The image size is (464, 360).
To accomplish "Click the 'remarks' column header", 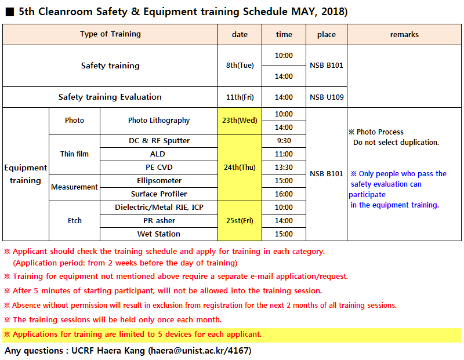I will point(404,34).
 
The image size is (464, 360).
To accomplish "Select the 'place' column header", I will point(327,34).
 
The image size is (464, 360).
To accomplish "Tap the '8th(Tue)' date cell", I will point(240,66).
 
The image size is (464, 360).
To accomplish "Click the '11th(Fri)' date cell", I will point(240,97).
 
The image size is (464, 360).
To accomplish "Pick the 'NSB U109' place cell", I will point(327,97).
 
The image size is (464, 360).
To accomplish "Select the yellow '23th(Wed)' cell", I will point(240,121).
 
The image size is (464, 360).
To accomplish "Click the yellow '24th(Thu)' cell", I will point(240,167).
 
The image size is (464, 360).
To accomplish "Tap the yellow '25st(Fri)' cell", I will point(240,220).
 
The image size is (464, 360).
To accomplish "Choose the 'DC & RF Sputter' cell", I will point(159,141).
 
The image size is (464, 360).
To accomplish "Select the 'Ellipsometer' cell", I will point(159,180).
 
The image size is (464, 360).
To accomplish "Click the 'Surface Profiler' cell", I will point(159,194).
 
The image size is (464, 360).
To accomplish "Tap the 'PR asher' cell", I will point(159,220).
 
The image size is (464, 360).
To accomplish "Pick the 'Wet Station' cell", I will point(159,234).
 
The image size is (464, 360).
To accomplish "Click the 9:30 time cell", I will point(284,141).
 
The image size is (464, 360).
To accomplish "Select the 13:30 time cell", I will point(284,168).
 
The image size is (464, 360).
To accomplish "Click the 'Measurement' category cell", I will point(74,187).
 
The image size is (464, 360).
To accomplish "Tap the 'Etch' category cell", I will point(74,220).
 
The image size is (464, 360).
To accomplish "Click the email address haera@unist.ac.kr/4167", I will point(199,351).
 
